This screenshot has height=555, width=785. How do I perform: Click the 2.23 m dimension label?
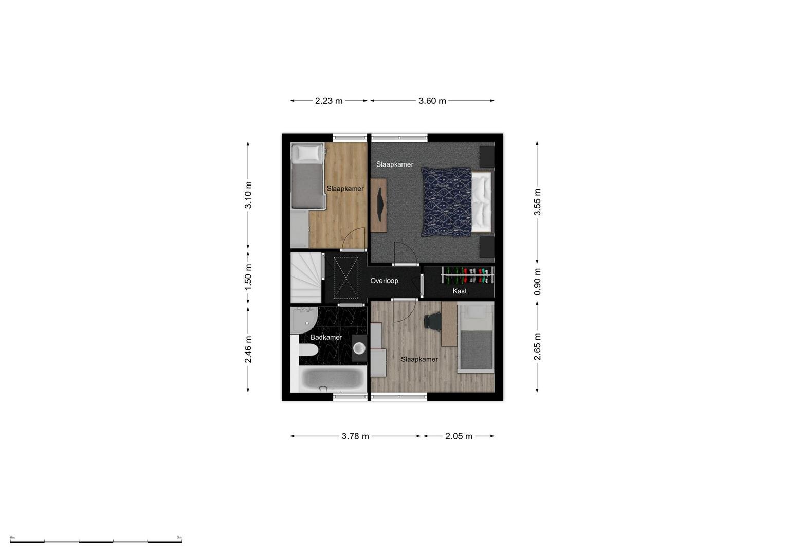click(x=328, y=101)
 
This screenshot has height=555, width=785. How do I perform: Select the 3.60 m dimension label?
click(x=432, y=101)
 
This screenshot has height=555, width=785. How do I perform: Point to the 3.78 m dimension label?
click(x=355, y=436)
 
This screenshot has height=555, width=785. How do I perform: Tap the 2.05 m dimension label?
click(x=459, y=436)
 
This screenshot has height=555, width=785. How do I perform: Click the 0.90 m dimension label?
click(x=537, y=282)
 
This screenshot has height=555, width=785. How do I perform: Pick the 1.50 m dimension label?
click(x=248, y=277)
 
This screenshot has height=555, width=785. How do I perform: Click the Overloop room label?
click(x=384, y=281)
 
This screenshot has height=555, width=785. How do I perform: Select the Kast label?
click(x=460, y=291)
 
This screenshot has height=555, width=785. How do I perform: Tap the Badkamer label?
click(x=326, y=337)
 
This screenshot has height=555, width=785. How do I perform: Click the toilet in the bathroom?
click(x=308, y=349)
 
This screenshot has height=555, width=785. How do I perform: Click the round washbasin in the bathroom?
click(x=359, y=348)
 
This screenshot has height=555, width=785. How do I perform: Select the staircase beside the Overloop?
click(x=306, y=277)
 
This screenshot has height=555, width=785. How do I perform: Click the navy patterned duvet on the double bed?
click(x=446, y=202)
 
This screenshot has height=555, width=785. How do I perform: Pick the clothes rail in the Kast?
click(x=467, y=275)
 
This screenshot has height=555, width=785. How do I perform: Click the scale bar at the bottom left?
click(x=96, y=541)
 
